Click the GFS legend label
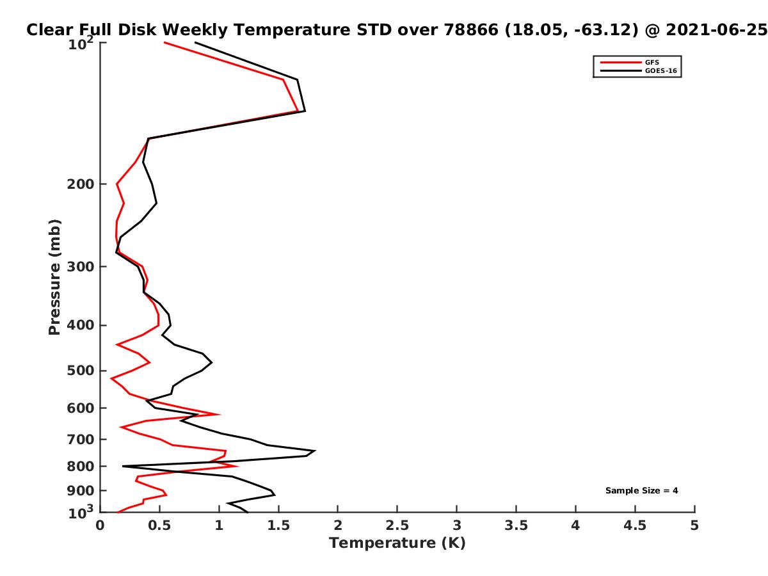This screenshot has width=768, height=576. (652, 62)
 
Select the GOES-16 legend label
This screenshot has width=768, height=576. (660, 70)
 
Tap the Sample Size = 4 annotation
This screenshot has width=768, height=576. (641, 490)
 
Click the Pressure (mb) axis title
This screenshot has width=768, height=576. (54, 277)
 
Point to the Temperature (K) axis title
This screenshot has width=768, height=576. (397, 543)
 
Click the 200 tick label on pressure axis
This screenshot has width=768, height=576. (81, 184)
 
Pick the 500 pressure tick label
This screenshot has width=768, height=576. (81, 371)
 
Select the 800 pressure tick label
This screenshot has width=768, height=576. (81, 466)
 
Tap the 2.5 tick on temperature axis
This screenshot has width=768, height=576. (397, 525)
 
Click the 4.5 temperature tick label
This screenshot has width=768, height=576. (635, 525)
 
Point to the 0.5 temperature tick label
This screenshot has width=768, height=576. (159, 525)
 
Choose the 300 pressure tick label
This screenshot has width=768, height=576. (81, 266)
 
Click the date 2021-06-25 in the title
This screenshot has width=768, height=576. (716, 30)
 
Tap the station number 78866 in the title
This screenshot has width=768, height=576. (470, 30)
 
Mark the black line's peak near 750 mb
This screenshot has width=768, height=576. (316, 451)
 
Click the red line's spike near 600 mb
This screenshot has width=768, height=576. (220, 415)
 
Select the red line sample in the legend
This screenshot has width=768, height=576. (621, 62)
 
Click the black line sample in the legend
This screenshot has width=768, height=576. (621, 70)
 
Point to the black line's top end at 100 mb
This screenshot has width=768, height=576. (195, 42)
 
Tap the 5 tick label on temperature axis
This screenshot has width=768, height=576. (694, 525)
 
